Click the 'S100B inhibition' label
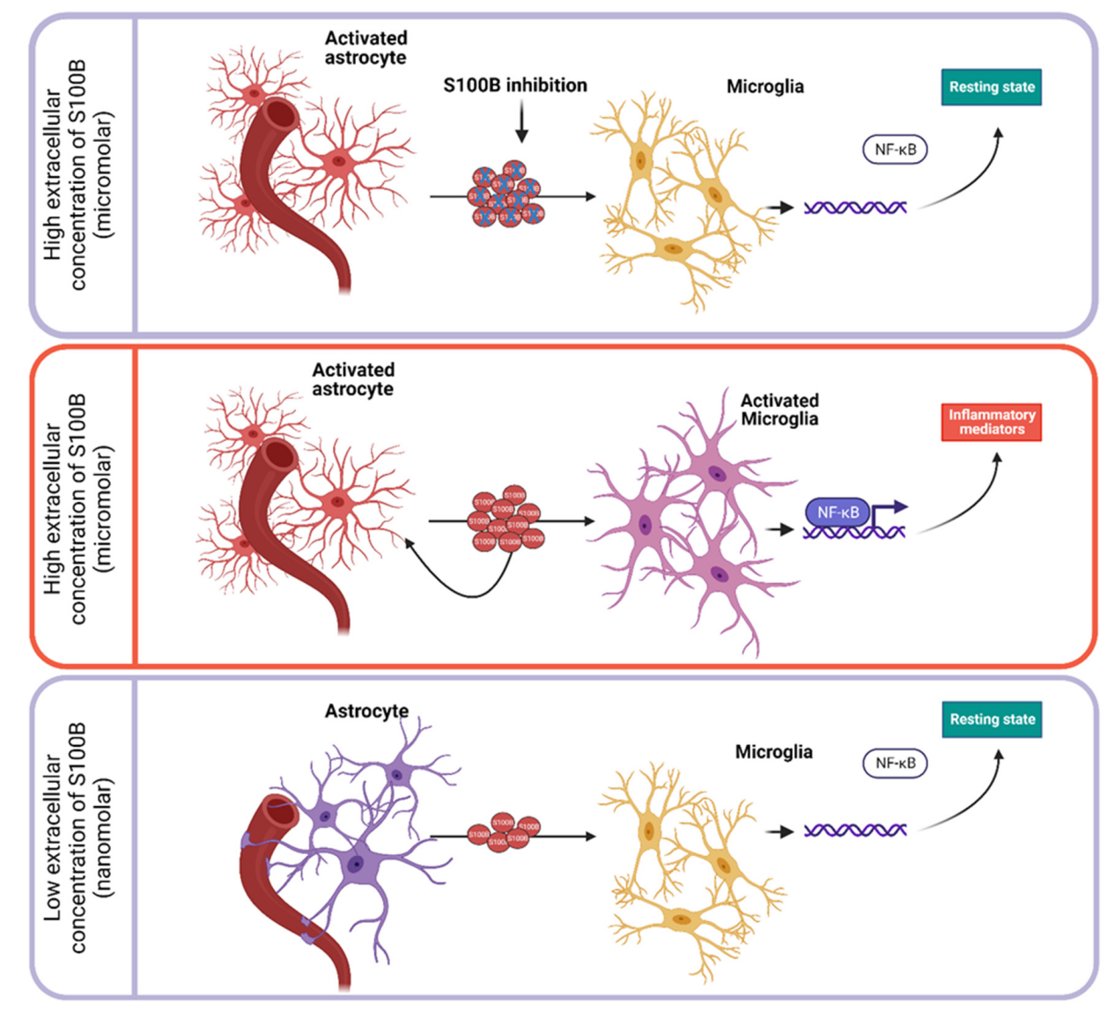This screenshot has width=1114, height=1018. coord(515,85)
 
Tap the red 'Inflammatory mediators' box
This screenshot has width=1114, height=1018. coord(992,422)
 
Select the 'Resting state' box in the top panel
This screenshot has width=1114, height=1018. coord(992,87)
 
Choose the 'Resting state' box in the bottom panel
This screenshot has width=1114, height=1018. coord(992,719)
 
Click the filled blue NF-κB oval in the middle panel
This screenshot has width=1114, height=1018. coord(837,513)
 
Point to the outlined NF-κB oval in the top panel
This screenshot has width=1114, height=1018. coord(895,150)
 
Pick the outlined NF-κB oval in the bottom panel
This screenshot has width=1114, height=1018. coord(895,763)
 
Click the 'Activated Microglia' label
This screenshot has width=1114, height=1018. coord(779,409)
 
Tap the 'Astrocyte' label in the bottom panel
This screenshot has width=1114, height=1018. coord(366,711)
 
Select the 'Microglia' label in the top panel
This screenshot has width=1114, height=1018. coord(764,86)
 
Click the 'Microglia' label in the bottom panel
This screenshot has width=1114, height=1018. coord(773,752)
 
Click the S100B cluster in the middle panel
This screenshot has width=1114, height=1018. coord(505,520)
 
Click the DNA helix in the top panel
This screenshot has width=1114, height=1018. coord(855,208)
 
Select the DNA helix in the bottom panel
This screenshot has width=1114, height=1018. coord(855,830)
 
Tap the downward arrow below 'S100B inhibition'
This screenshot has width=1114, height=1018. coord(521,122)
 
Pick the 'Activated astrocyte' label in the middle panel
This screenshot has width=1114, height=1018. coord(353,380)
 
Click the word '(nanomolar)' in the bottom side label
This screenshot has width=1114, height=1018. coord(105,837)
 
